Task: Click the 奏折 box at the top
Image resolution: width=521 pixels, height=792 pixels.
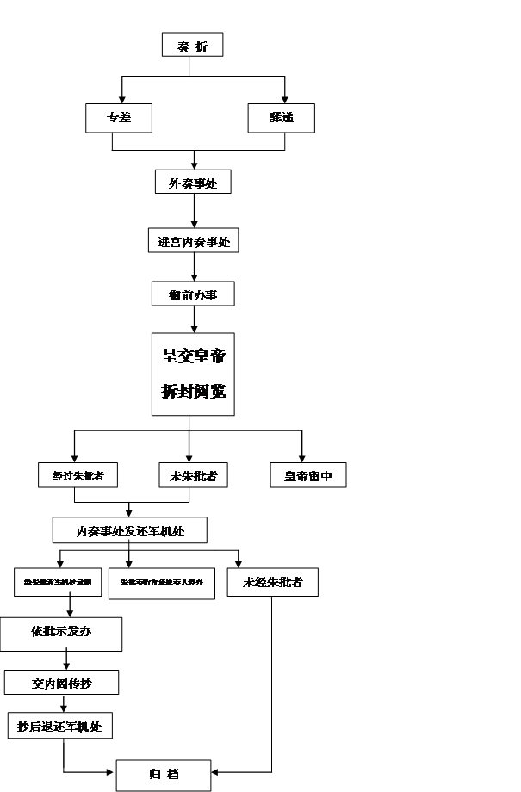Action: click(x=193, y=45)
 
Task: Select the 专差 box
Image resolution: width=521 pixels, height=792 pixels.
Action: click(x=119, y=118)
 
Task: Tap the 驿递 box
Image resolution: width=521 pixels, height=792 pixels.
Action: click(x=281, y=118)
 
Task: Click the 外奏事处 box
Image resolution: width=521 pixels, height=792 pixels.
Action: click(x=194, y=182)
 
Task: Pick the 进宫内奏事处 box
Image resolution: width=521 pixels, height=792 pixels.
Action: click(x=193, y=241)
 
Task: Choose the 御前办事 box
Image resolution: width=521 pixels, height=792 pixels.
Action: click(x=193, y=294)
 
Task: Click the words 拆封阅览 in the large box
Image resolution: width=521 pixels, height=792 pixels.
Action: click(x=193, y=392)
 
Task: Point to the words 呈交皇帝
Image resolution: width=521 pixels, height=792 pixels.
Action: click(x=193, y=355)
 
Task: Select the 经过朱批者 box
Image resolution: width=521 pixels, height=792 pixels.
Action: click(x=78, y=475)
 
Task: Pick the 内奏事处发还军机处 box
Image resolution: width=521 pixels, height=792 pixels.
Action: click(x=130, y=530)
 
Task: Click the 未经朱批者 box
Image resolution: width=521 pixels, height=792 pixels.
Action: click(x=272, y=583)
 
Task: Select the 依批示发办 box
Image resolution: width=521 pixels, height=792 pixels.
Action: click(x=61, y=634)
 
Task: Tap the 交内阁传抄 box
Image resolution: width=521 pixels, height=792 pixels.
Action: click(x=61, y=683)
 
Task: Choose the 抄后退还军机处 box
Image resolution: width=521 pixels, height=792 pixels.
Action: click(x=59, y=726)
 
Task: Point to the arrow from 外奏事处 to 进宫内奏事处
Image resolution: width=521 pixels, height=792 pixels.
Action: click(x=194, y=211)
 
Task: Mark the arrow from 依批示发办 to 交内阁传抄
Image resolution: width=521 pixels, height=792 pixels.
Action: click(x=66, y=660)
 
